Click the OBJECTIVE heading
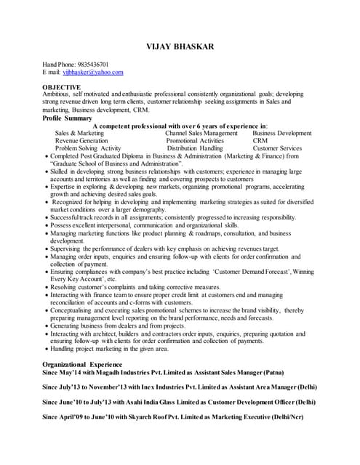point(61,87)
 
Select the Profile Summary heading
point(68,118)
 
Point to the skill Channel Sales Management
point(201,134)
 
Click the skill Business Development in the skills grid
point(282,134)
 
